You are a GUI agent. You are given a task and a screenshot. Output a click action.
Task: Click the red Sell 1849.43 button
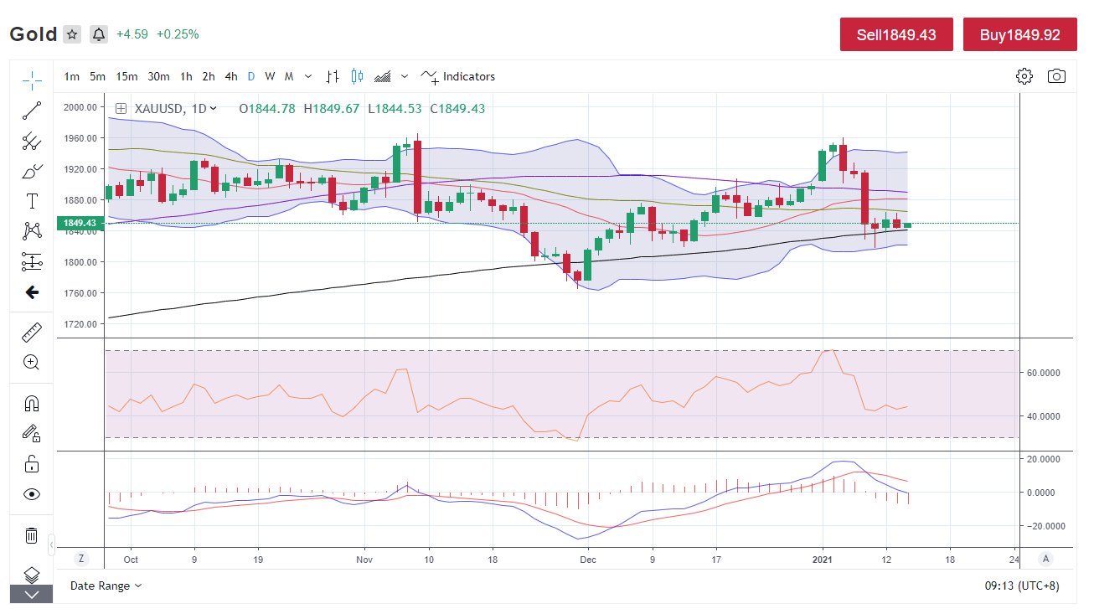896,35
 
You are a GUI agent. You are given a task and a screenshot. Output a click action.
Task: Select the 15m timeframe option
126,76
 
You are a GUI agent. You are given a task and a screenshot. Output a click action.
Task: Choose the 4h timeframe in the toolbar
230,76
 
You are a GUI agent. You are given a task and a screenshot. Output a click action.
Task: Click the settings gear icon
1024,76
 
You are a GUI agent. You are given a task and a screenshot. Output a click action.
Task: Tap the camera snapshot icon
1056,76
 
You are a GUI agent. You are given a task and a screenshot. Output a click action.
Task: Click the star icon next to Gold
73,34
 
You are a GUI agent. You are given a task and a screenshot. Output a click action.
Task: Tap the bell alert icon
99,34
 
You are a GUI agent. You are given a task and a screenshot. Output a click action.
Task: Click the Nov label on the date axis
364,559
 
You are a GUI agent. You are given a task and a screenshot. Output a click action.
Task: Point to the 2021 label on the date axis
822,559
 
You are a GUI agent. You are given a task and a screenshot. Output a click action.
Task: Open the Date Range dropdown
106,586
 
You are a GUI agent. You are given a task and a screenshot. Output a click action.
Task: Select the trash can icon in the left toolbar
32,535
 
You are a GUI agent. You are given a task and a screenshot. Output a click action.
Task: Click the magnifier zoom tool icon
32,363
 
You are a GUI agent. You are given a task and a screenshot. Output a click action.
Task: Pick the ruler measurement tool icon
32,333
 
